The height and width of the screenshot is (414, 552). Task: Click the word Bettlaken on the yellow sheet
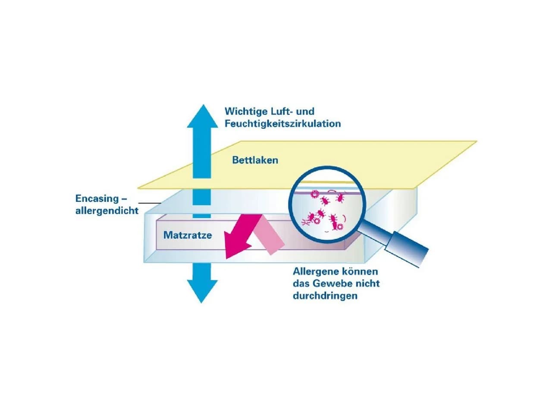(x=255, y=160)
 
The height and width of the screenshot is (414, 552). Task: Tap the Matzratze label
(x=188, y=235)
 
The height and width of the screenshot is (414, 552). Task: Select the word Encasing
(x=97, y=199)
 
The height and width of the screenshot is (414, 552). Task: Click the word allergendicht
(x=107, y=210)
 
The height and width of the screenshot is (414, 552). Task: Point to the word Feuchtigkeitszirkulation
(x=282, y=124)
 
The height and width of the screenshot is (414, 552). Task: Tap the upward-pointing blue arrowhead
(x=203, y=116)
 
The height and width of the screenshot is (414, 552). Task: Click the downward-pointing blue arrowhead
(x=202, y=292)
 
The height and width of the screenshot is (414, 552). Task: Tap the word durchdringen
(x=325, y=295)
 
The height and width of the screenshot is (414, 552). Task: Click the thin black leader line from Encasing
(x=150, y=203)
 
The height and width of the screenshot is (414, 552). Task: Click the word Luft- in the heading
(x=282, y=111)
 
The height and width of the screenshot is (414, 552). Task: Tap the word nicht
(x=367, y=283)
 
